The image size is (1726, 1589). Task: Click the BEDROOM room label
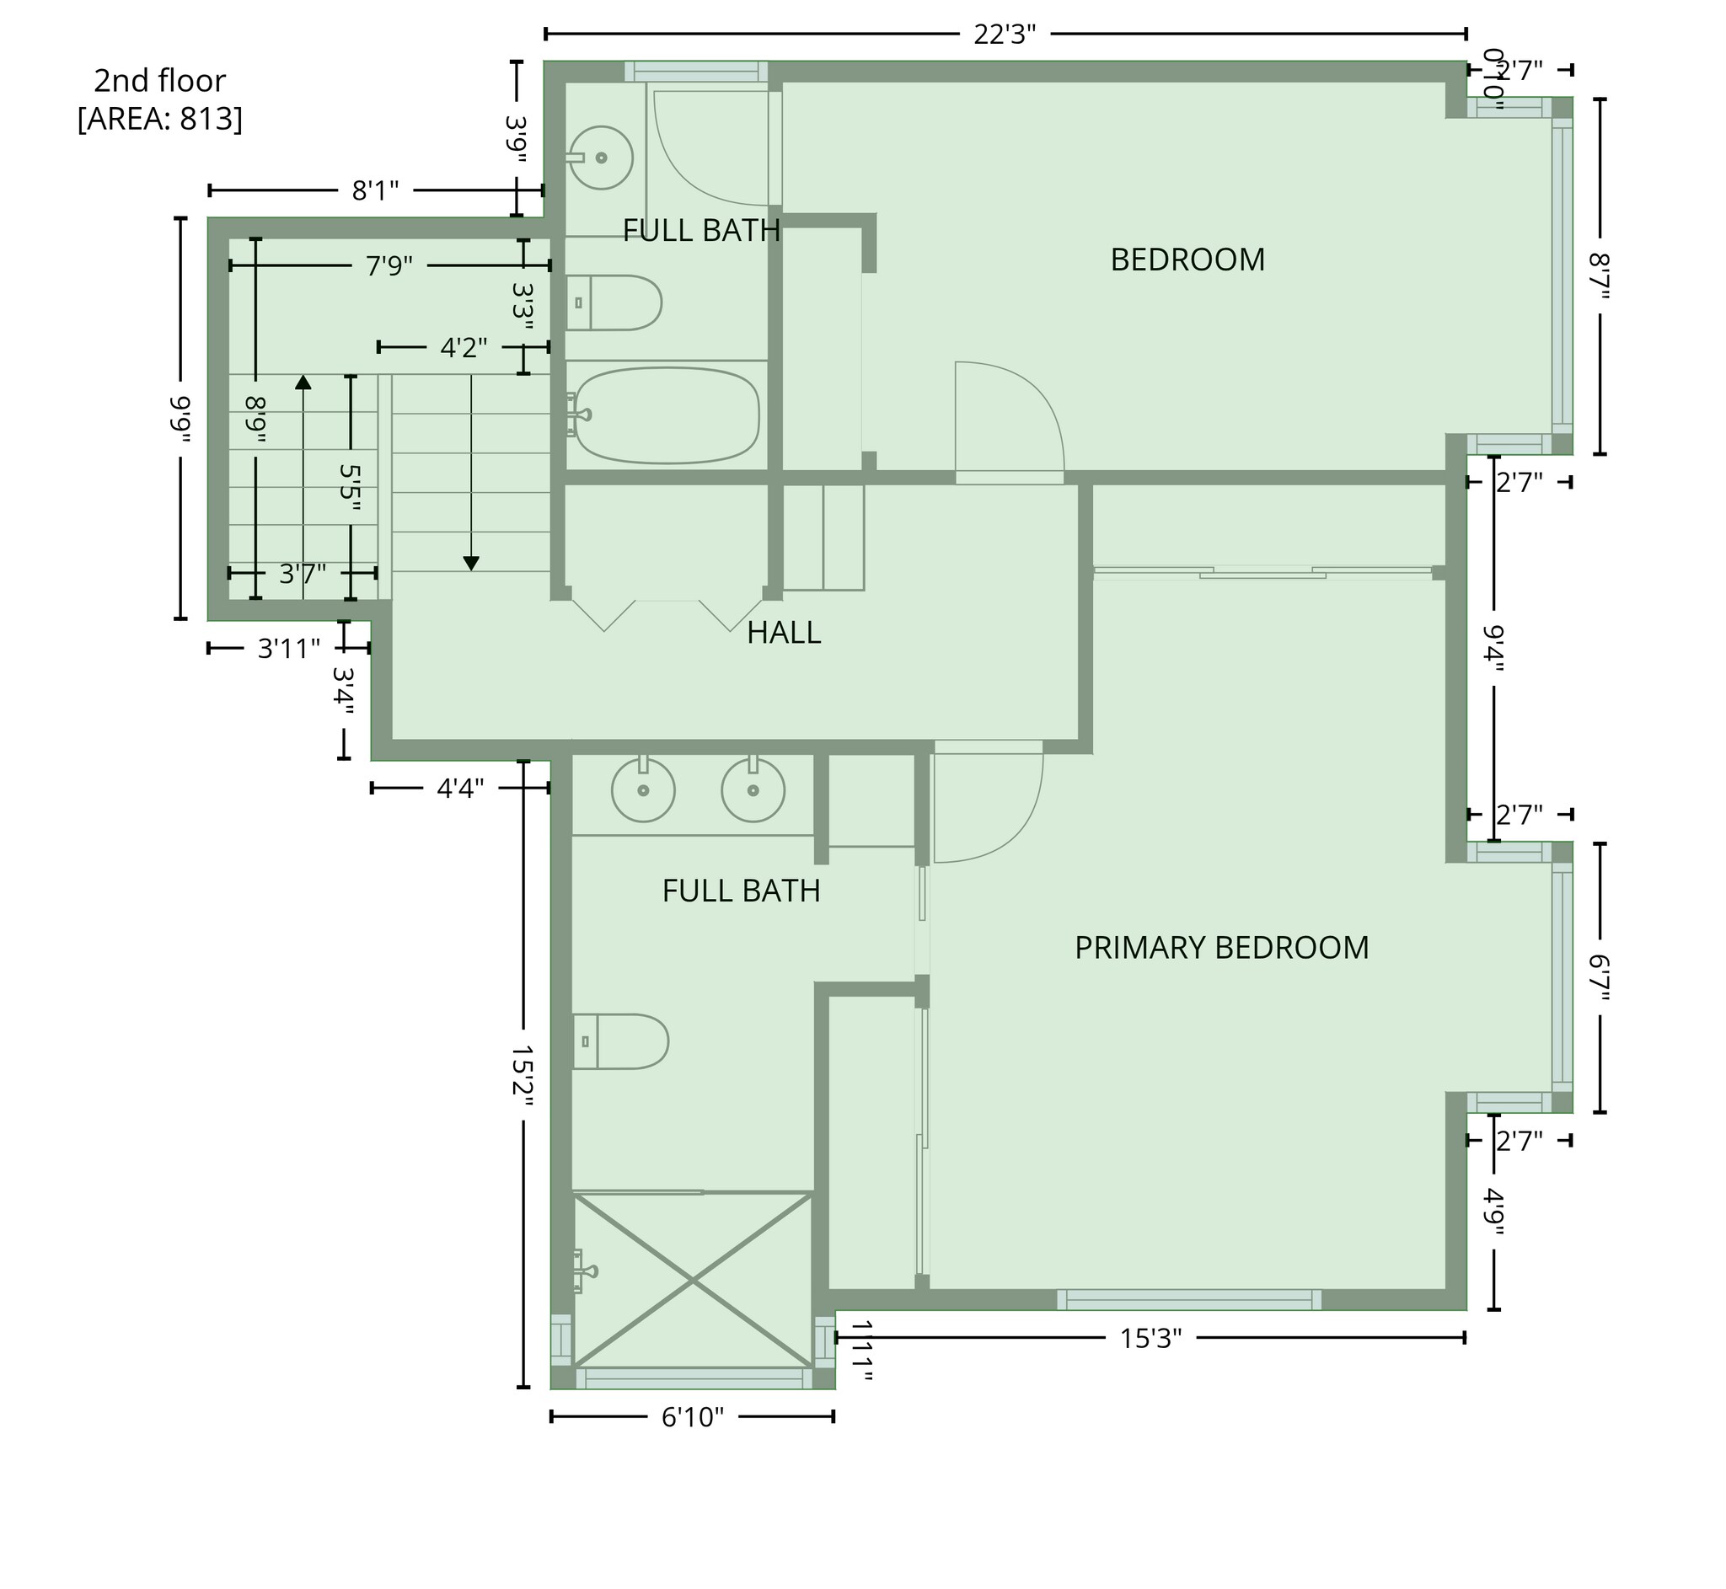[x=1187, y=259]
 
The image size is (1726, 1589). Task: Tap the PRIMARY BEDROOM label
[x=1220, y=948]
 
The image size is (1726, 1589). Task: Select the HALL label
[x=783, y=633]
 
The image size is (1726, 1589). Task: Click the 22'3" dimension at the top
[x=1004, y=35]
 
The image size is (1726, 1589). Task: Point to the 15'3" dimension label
[x=1150, y=1339]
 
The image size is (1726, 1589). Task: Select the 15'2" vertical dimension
[x=523, y=1077]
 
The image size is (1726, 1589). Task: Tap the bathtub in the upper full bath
[x=667, y=415]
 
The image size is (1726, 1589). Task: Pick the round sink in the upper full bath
[x=601, y=158]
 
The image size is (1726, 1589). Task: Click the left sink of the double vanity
[x=642, y=789]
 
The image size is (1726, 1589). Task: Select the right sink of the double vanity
[x=753, y=789]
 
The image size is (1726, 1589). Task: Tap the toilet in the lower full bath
[x=621, y=1041]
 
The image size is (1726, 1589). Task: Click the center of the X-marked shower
[x=692, y=1281]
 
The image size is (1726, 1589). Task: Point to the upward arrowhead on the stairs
[x=303, y=382]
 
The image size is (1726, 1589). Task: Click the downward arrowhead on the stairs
[x=470, y=563]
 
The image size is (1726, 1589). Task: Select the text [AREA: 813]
[x=160, y=119]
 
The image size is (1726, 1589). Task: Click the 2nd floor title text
[x=160, y=81]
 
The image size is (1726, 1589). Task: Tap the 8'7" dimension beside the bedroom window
[x=1599, y=276]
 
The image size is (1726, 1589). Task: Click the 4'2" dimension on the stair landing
[x=464, y=347]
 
